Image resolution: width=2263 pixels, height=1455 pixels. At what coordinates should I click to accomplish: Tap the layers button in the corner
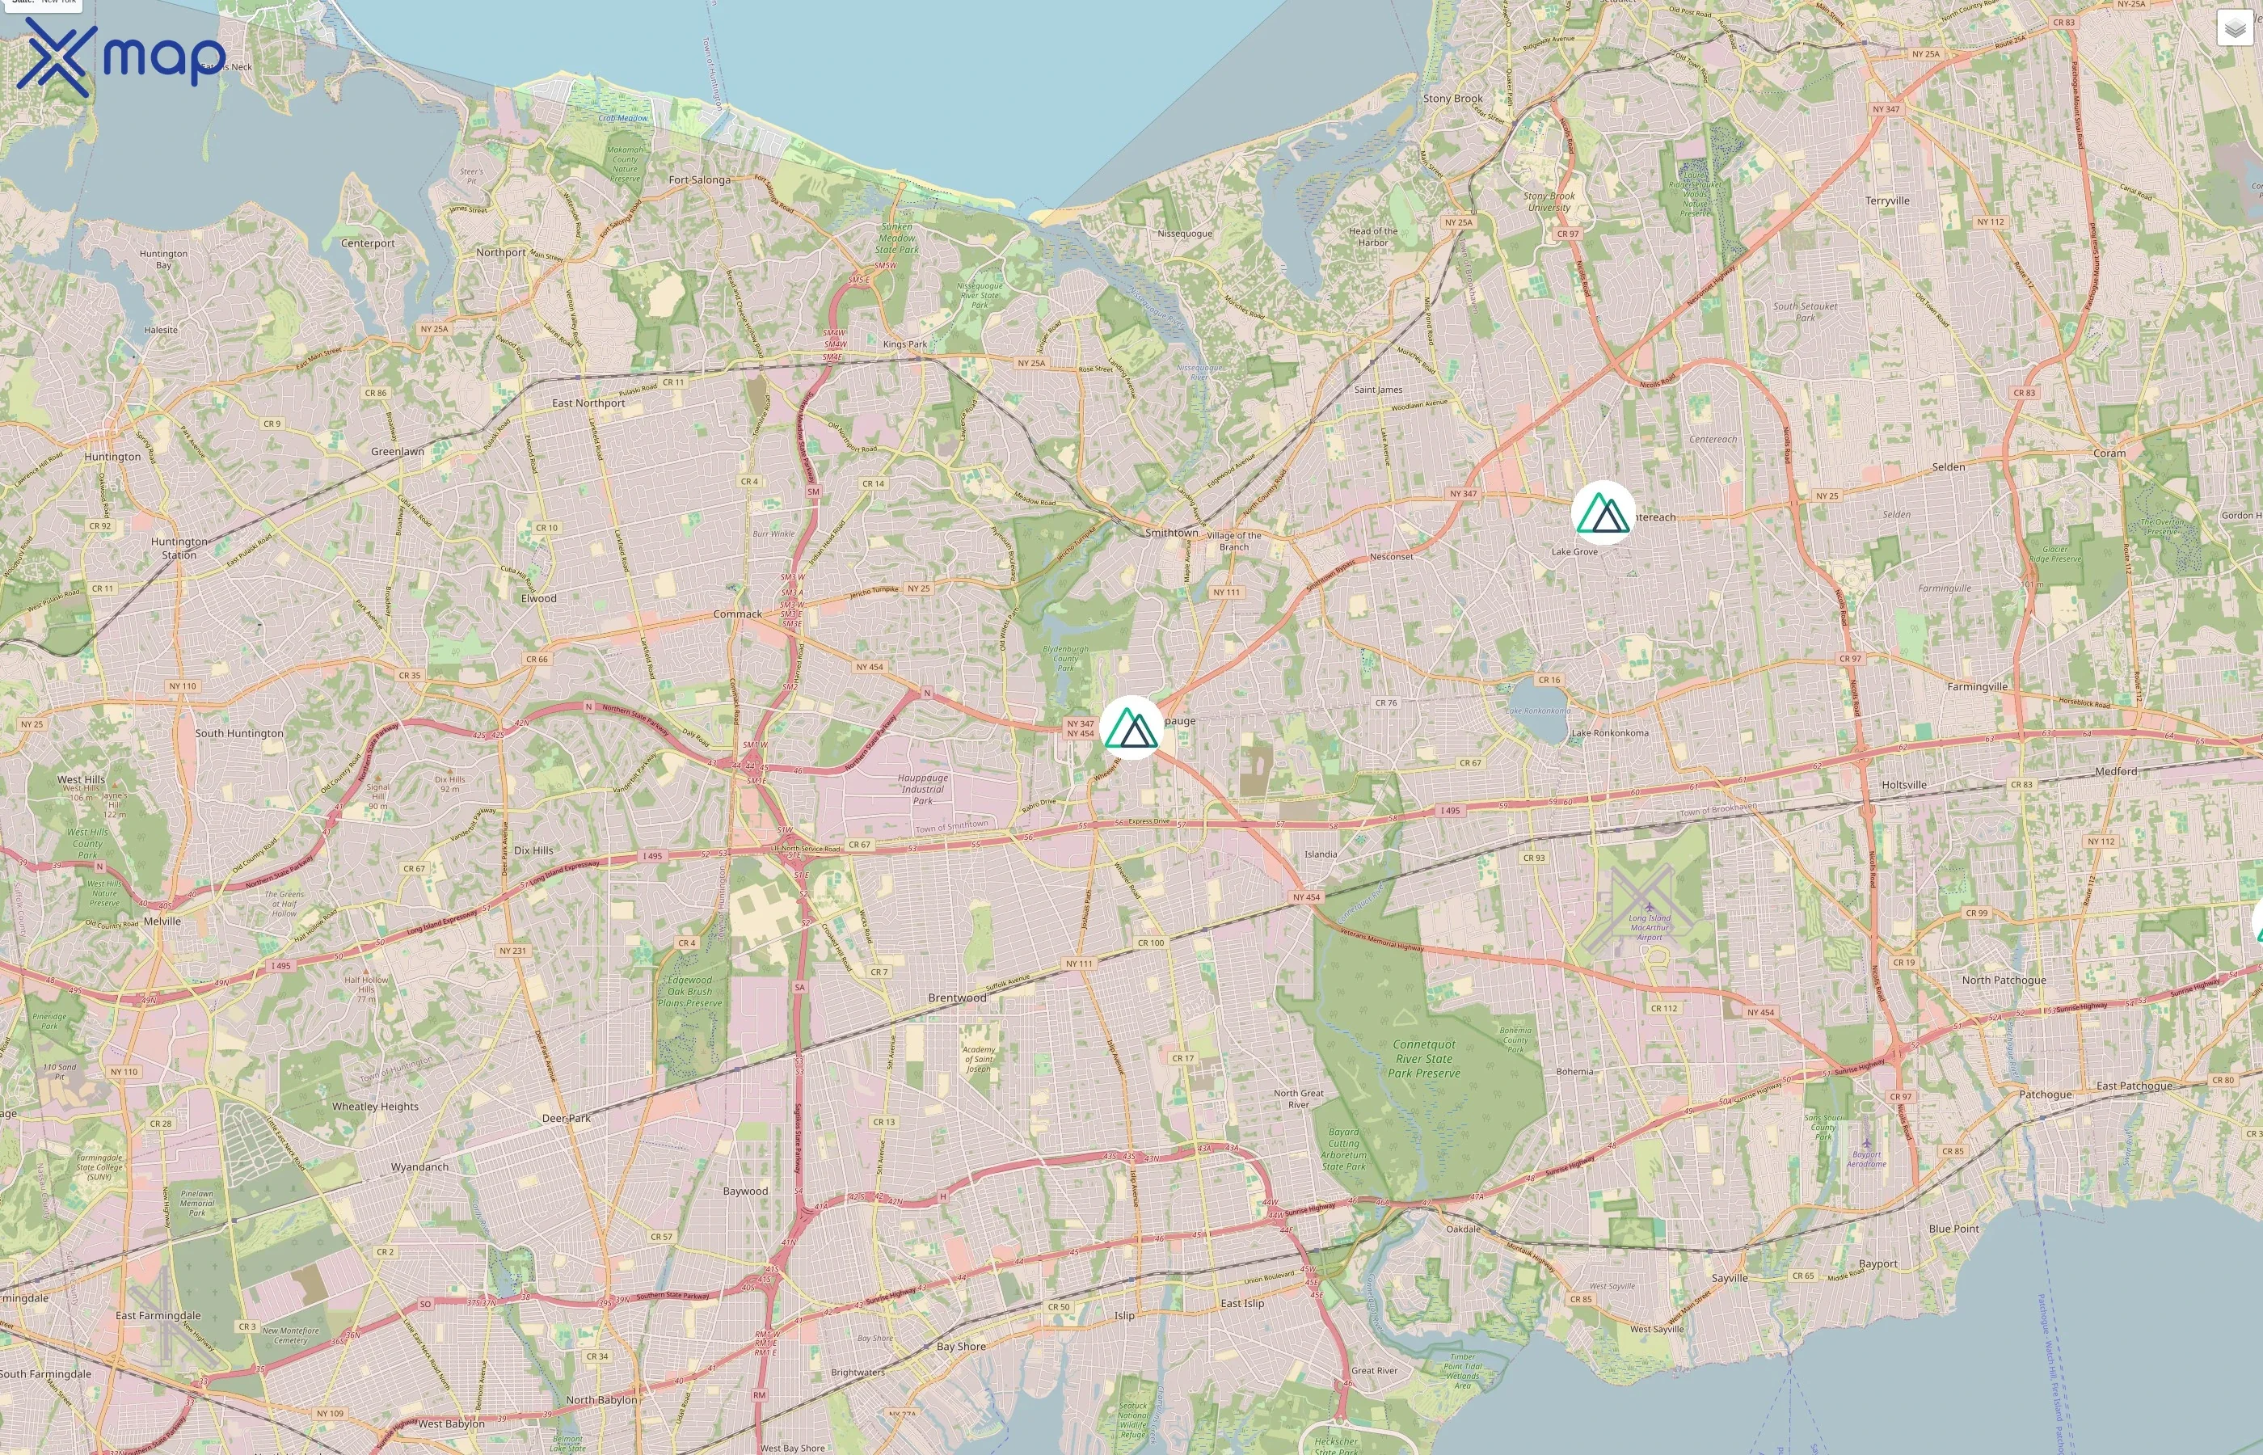(2234, 28)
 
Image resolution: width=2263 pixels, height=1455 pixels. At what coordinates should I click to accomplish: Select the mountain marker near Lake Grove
(1603, 513)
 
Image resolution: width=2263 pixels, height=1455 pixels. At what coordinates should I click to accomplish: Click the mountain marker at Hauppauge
(1131, 727)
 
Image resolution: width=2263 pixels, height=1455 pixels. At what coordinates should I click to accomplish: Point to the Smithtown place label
(1171, 533)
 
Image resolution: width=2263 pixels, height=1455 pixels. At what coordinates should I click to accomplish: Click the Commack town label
(737, 614)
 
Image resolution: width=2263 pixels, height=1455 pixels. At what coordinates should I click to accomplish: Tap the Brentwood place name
(957, 997)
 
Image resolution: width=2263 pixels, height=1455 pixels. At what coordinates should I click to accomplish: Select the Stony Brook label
(1452, 99)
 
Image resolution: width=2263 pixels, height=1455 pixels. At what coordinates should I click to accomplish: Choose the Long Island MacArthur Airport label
(1649, 927)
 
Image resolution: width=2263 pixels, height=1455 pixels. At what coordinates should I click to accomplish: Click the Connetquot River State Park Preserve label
(1423, 1058)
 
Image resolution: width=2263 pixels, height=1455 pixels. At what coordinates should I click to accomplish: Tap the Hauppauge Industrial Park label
(922, 789)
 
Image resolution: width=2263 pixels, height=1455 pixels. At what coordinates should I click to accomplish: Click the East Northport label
(588, 403)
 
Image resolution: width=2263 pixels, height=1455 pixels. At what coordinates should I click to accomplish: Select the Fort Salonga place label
(699, 179)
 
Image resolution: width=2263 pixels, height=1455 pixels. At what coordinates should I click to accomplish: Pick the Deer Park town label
(566, 1118)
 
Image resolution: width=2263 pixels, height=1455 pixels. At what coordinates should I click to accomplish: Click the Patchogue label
(2045, 1094)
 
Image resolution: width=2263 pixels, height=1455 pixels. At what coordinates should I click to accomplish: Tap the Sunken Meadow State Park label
(896, 238)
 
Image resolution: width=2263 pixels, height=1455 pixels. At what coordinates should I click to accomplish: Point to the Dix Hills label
(533, 850)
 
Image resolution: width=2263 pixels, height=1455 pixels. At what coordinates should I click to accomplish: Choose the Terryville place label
(1887, 201)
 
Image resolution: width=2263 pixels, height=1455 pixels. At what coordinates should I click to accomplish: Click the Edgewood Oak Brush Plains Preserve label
(689, 991)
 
